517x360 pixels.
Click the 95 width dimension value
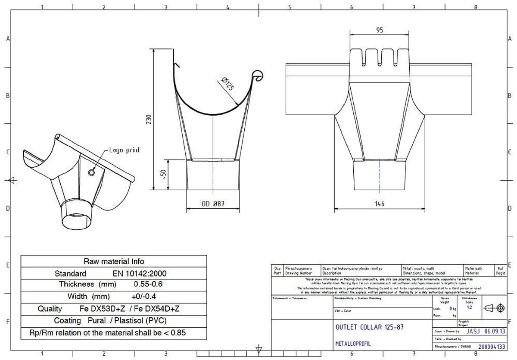tap(380, 30)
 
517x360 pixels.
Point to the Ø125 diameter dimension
tap(226, 84)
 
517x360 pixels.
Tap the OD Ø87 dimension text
tap(213, 204)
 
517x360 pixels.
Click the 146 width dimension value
tap(379, 204)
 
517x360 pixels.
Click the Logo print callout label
tap(124, 150)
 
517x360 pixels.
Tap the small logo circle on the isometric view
tap(91, 173)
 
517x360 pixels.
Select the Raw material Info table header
tap(114, 261)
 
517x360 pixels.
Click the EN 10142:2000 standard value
tap(140, 273)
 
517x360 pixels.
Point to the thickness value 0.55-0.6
tap(148, 285)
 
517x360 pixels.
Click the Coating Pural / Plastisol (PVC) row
tap(110, 321)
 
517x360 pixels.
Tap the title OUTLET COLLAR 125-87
tap(369, 327)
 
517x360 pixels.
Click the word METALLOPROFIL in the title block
tap(352, 344)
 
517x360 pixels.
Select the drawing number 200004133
tap(492, 346)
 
